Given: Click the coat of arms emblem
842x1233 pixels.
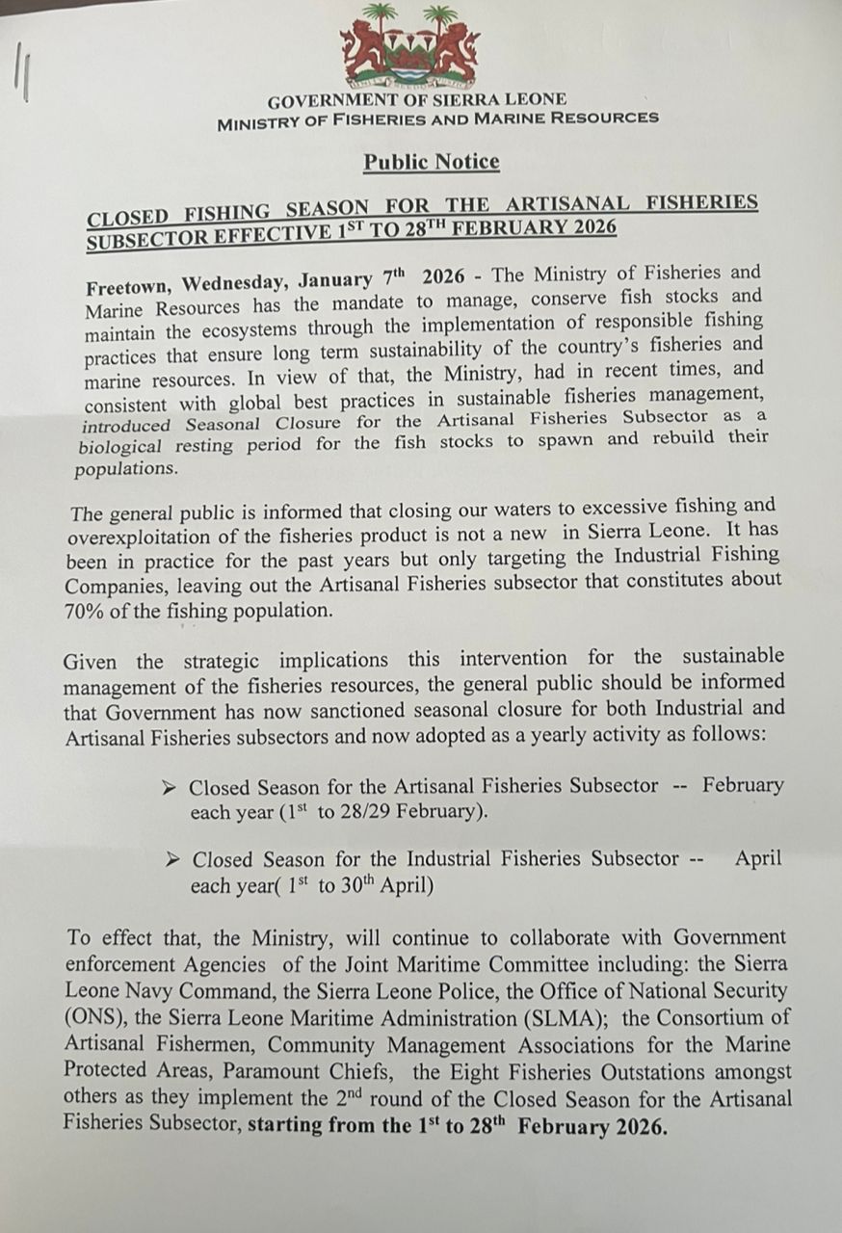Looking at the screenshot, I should pyautogui.click(x=409, y=45).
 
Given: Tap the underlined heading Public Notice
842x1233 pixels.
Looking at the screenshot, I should pyautogui.click(x=431, y=162).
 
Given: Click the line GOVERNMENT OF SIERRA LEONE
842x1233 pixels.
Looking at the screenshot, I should pyautogui.click(x=416, y=100).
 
